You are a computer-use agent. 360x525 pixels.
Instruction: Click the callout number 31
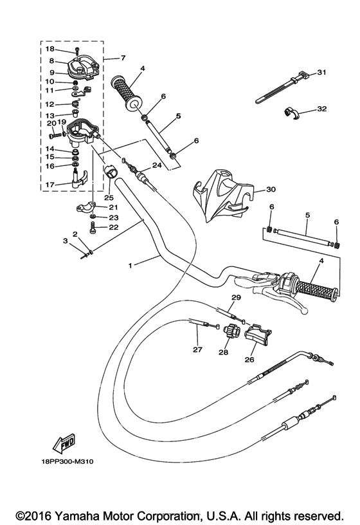click(x=322, y=72)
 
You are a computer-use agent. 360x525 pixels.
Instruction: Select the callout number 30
click(x=271, y=190)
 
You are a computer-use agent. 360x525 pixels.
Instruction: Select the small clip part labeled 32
click(x=293, y=113)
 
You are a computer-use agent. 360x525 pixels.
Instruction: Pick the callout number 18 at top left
click(x=50, y=49)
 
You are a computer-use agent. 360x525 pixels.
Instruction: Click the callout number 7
click(x=123, y=59)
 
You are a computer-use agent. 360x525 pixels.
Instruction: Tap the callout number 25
click(x=108, y=197)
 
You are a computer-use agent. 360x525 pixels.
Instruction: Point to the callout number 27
click(x=197, y=351)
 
